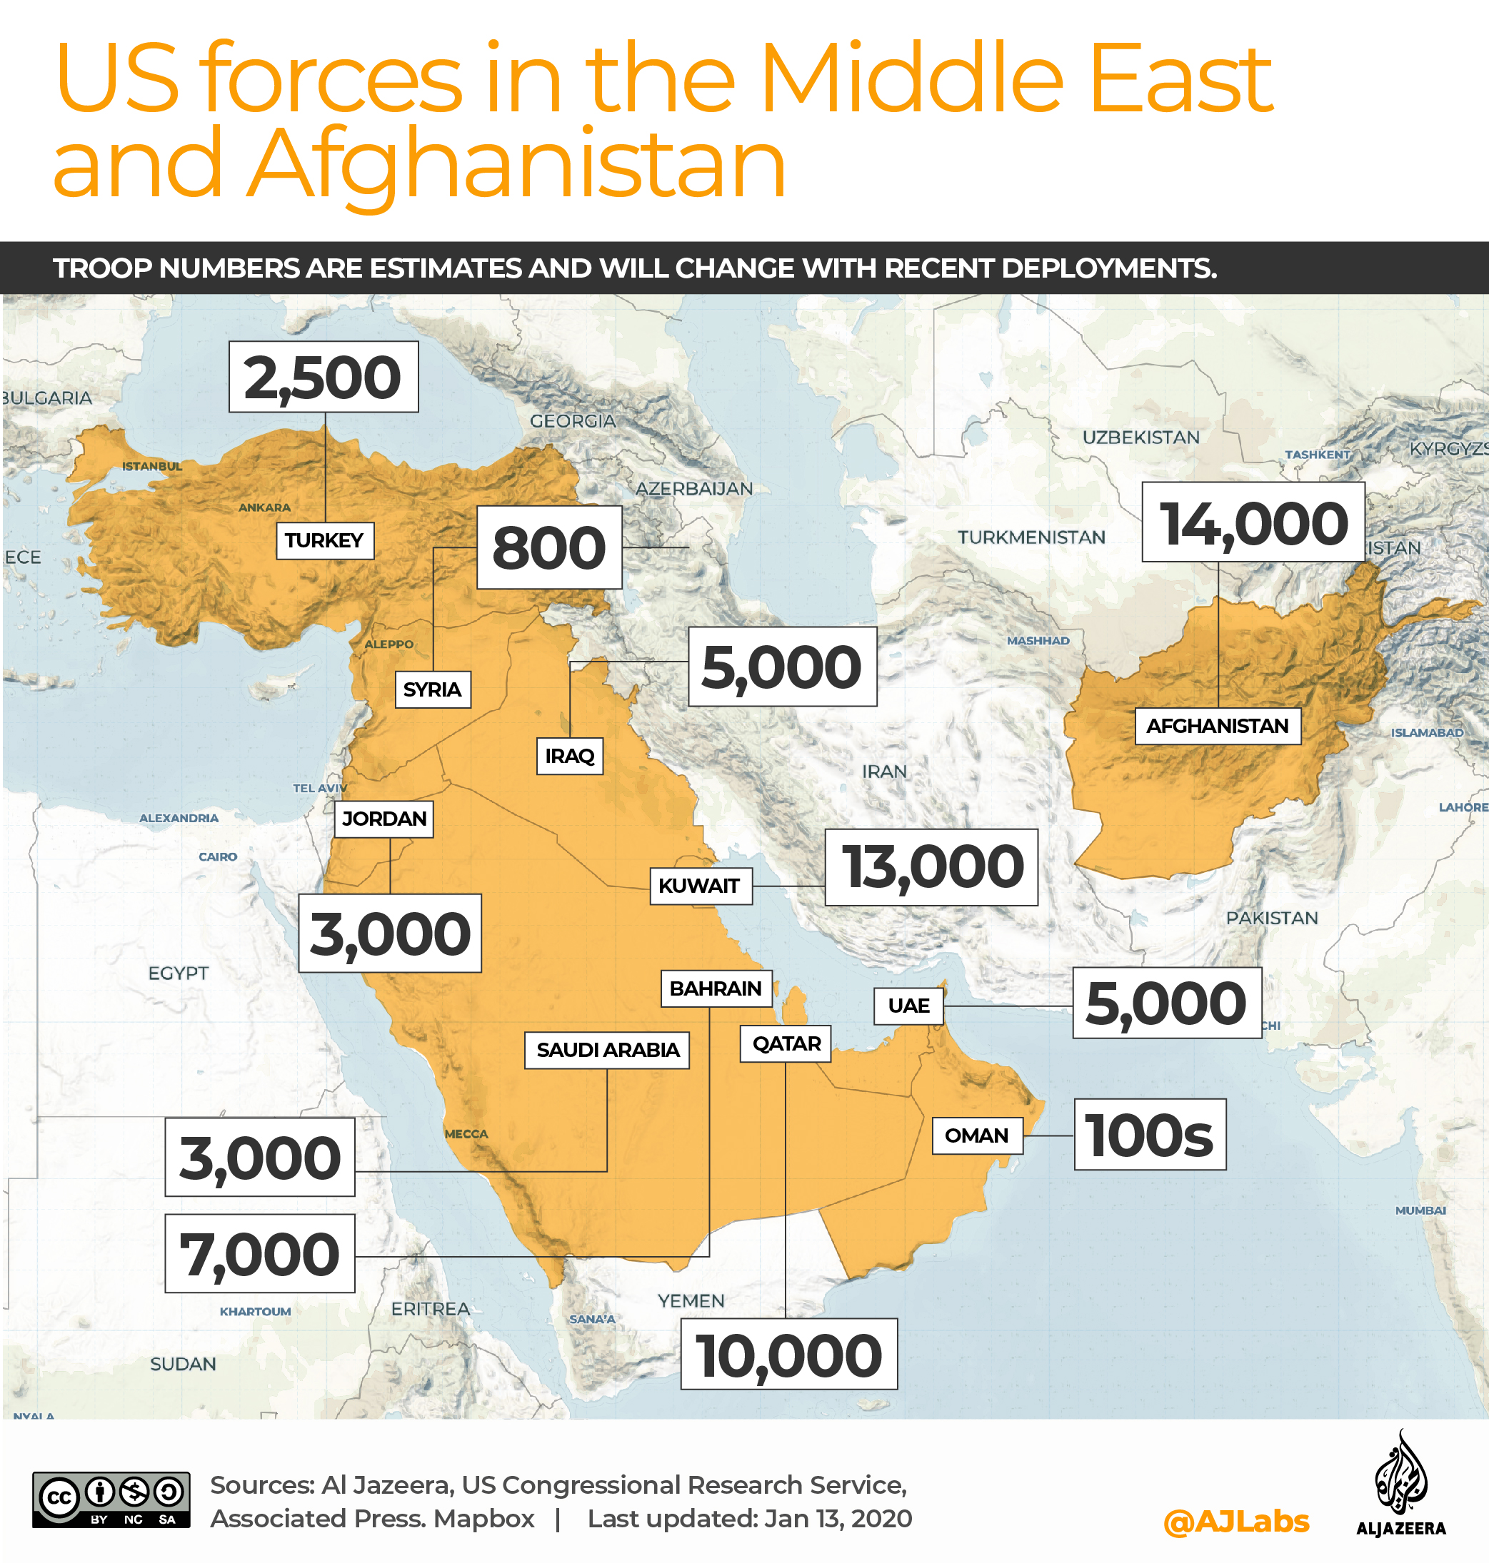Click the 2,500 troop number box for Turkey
(x=323, y=376)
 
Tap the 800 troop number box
(x=548, y=547)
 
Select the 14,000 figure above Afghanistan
(x=1253, y=522)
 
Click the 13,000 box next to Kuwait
(x=931, y=866)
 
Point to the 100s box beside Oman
(x=1149, y=1134)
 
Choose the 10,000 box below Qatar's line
(x=788, y=1354)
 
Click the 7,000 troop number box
(x=259, y=1253)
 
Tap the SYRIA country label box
(x=432, y=689)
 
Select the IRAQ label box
(x=569, y=755)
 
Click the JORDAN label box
(x=384, y=818)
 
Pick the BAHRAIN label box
(x=715, y=988)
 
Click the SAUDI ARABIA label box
(x=607, y=1049)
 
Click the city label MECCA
(x=466, y=1134)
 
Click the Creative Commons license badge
(x=111, y=1499)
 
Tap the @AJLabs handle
(x=1235, y=1521)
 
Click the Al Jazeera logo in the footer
(x=1400, y=1484)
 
